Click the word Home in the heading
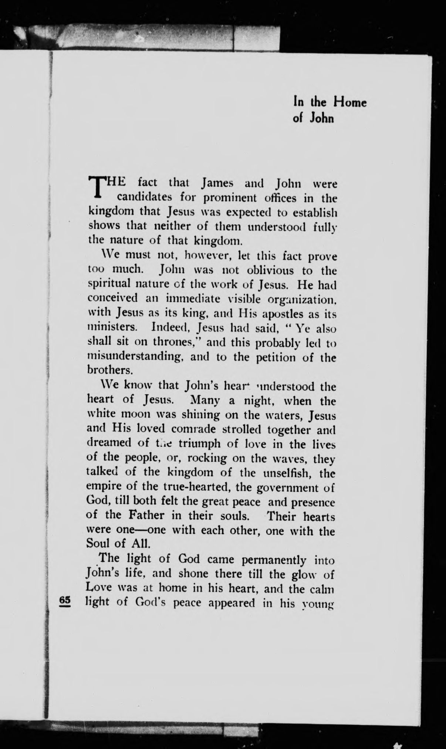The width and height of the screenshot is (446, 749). click(349, 102)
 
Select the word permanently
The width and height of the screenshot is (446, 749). click(274, 560)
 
